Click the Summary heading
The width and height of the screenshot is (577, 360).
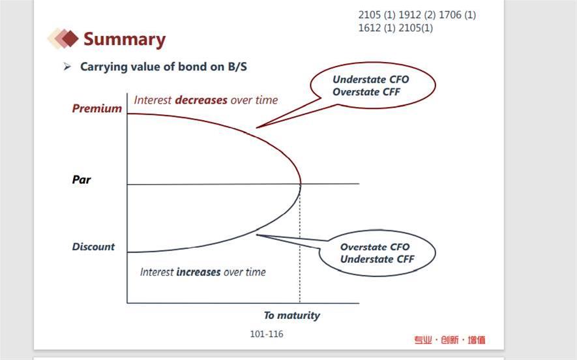click(125, 39)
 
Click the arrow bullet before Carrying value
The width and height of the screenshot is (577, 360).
click(67, 67)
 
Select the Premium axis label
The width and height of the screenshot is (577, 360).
click(96, 108)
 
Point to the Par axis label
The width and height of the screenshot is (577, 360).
click(81, 179)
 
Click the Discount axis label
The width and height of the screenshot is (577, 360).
click(93, 247)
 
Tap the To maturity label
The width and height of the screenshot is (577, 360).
click(292, 316)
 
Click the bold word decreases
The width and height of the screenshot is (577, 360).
click(201, 100)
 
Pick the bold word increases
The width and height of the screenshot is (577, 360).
click(198, 272)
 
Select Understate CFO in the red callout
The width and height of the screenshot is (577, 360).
click(370, 80)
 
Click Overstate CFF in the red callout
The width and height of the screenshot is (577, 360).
click(366, 92)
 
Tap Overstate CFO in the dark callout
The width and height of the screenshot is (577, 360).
click(375, 247)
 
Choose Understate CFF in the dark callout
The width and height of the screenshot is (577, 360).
click(377, 259)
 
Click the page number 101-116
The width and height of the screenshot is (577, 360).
click(267, 334)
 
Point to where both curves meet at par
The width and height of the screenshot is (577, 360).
click(301, 184)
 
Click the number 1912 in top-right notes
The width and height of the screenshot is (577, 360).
click(409, 15)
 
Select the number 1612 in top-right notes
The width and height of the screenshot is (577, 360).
click(370, 28)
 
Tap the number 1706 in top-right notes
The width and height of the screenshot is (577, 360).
click(450, 15)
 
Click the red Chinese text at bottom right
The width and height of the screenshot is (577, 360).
click(450, 340)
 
